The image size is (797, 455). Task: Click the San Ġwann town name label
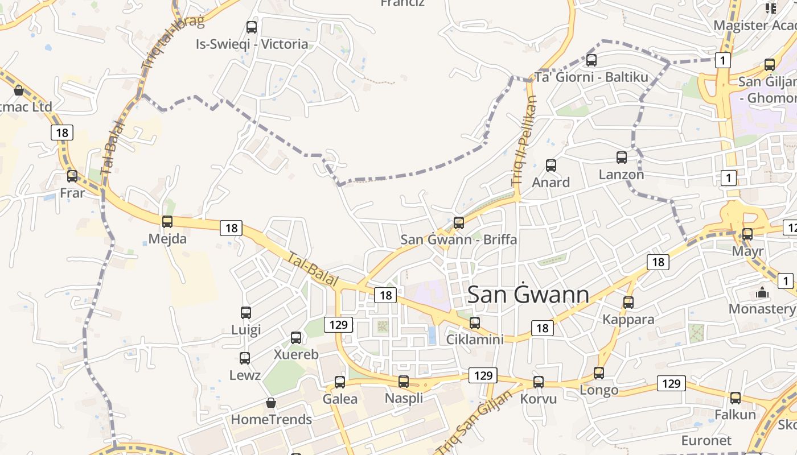[528, 295]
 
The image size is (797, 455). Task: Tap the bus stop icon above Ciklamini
[475, 323]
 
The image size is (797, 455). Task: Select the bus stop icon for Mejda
[167, 222]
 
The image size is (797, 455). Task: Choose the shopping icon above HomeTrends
[271, 403]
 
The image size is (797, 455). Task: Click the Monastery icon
[762, 293]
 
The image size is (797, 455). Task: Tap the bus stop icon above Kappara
[628, 303]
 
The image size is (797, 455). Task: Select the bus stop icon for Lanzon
[622, 158]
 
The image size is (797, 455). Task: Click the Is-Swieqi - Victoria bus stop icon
[252, 27]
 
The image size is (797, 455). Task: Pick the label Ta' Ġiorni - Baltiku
[591, 77]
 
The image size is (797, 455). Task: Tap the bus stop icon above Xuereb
[296, 338]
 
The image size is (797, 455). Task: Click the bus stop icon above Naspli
[404, 382]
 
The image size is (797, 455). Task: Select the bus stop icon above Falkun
[736, 398]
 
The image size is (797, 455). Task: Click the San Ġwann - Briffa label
[459, 239]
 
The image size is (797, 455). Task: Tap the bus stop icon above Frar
[72, 176]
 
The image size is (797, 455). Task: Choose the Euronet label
[706, 441]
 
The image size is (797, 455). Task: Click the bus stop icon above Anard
[551, 166]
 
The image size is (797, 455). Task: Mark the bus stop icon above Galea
[340, 382]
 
